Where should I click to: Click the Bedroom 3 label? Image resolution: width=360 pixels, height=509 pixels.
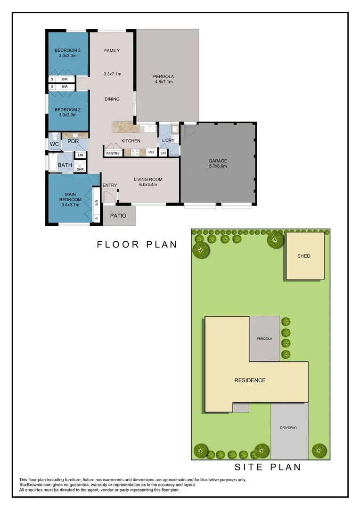[x=68, y=50]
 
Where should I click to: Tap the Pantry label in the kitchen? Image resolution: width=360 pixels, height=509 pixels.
[x=113, y=153]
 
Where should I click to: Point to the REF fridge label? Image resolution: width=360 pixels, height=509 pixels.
[x=151, y=153]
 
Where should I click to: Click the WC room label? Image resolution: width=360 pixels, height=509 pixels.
[x=53, y=143]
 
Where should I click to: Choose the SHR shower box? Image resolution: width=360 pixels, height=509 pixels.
[x=80, y=169]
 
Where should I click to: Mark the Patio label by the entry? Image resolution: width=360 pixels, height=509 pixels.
[x=117, y=216]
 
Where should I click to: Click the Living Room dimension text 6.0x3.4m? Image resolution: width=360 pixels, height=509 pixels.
[x=148, y=185]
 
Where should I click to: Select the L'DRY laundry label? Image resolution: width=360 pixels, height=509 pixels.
[x=168, y=141]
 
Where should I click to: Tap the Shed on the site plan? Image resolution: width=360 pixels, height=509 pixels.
[x=304, y=256]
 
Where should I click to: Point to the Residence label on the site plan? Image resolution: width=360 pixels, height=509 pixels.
[x=250, y=380]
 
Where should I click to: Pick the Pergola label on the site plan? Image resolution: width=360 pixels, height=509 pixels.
[x=264, y=339]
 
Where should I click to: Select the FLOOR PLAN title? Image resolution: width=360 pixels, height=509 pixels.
[x=137, y=244]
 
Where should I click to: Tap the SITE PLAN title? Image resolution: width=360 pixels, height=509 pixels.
[x=268, y=467]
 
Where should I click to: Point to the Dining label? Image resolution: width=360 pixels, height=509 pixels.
[x=112, y=99]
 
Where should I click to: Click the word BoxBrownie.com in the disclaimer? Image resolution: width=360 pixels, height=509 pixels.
[x=36, y=484]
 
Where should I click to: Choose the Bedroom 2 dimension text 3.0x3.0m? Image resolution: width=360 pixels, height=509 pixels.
[x=68, y=115]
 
